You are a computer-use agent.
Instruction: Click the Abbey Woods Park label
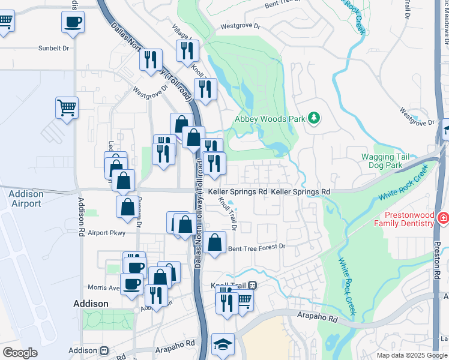coord(270,119)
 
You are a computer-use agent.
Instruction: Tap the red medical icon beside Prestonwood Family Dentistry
coord(443,217)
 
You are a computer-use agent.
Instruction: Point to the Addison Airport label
coord(26,199)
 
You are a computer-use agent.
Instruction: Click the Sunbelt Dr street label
coord(54,48)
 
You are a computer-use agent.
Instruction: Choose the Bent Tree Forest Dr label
coord(256,247)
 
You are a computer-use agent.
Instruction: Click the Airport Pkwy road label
coord(106,233)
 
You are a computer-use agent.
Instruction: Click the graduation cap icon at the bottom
coord(223,344)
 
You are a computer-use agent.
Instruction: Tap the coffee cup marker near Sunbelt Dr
coord(73,22)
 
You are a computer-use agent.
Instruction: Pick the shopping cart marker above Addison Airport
coord(67,108)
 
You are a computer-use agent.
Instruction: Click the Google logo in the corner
coord(20,353)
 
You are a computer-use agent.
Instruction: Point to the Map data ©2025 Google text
coord(411,355)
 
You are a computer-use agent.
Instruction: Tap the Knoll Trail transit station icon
coord(253,285)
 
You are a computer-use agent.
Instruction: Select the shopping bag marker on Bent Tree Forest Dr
coord(214,243)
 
